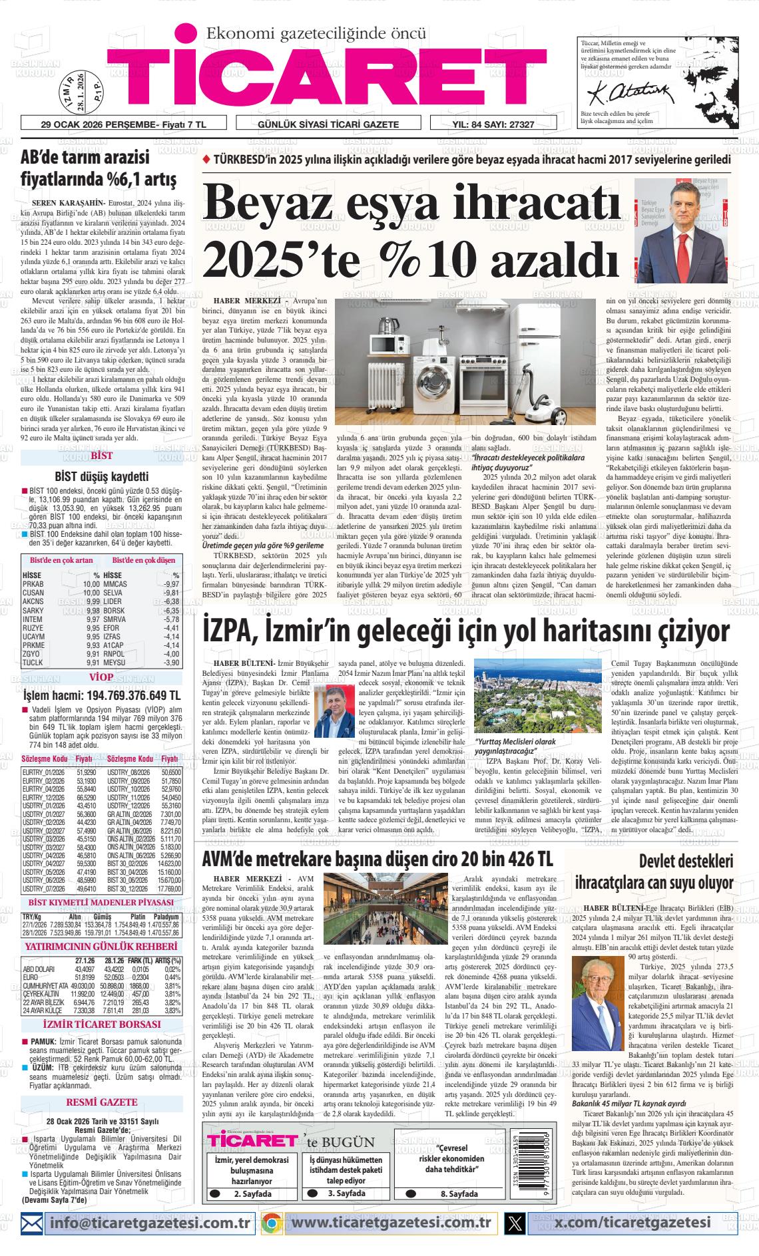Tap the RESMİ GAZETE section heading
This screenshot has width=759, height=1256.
[x=101, y=1102]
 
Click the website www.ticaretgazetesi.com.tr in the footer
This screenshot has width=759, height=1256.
[x=391, y=1223]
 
